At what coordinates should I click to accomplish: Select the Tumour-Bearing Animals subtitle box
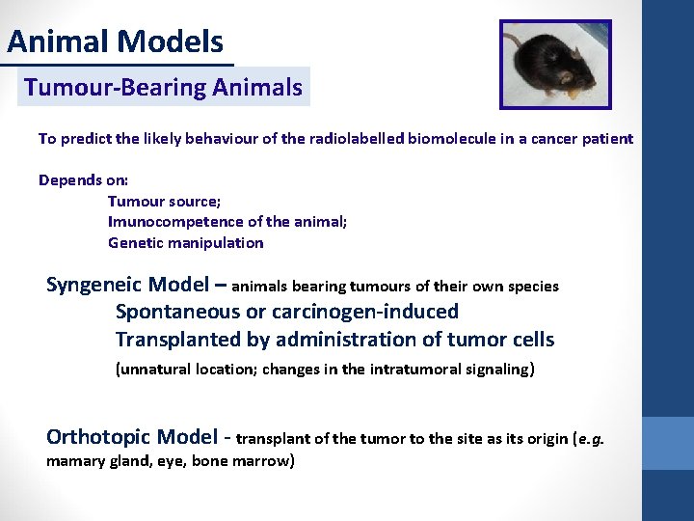click(163, 88)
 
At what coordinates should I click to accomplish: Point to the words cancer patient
click(584, 139)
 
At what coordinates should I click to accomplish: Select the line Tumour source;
click(164, 201)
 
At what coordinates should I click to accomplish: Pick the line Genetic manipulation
click(185, 243)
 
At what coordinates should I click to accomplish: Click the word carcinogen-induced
click(366, 312)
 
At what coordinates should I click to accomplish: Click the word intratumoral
click(411, 369)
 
